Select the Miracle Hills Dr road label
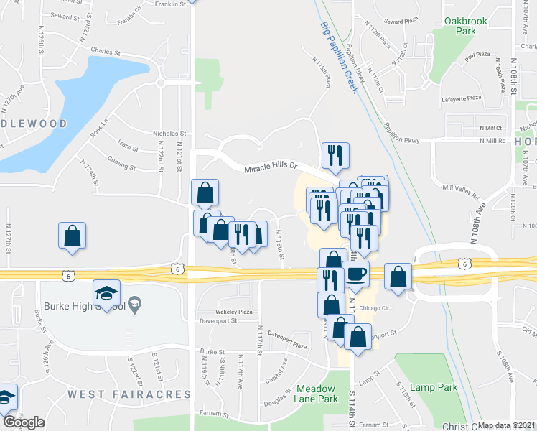(x=271, y=168)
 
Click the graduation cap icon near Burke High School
(x=106, y=293)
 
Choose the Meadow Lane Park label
(x=317, y=394)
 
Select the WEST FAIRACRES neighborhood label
(x=130, y=394)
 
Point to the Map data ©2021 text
(x=507, y=425)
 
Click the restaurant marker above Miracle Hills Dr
(x=335, y=154)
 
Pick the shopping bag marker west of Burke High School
(x=72, y=235)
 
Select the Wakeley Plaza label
(x=235, y=312)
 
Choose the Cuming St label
(x=121, y=167)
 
